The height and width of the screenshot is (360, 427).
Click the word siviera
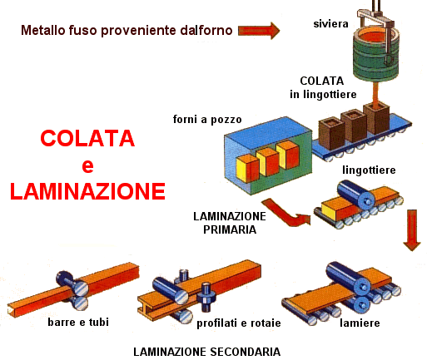(x=330, y=23)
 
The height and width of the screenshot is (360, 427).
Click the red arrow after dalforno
(x=259, y=31)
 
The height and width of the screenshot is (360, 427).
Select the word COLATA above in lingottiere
(x=322, y=81)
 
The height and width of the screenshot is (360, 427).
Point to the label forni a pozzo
(x=207, y=120)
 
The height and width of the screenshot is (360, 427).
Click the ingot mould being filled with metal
(x=376, y=118)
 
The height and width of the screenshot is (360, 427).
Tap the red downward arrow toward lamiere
(x=412, y=230)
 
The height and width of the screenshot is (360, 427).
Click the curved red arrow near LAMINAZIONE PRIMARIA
(x=285, y=213)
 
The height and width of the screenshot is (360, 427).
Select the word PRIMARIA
(x=230, y=229)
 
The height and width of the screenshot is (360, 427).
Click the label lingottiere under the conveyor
(x=369, y=170)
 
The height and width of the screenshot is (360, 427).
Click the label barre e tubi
(x=78, y=322)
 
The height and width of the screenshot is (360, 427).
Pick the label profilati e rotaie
(x=239, y=323)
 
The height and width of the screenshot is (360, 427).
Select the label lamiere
(x=360, y=323)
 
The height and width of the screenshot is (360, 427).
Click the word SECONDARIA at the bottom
(x=245, y=352)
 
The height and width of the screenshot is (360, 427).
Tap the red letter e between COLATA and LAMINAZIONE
(x=87, y=165)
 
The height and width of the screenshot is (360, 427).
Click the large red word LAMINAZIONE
(x=87, y=191)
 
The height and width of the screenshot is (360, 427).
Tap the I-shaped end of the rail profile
(x=146, y=308)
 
